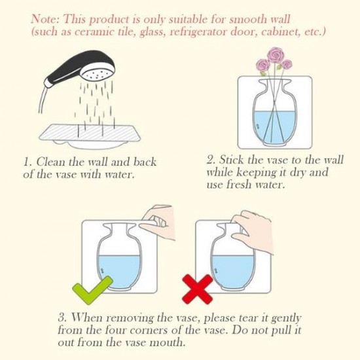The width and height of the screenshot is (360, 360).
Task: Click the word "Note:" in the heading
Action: [43, 18]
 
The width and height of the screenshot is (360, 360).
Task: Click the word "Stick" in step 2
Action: [232, 159]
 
